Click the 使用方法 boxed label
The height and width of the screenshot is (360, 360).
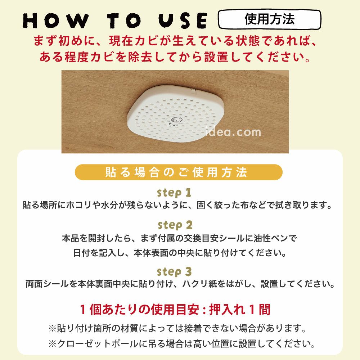tap(269, 19)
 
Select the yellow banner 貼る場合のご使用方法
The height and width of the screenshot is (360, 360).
tap(179, 172)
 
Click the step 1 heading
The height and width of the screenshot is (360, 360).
tap(174, 192)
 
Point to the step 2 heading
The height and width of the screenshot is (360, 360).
tap(175, 225)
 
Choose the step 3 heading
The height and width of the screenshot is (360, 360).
tap(174, 271)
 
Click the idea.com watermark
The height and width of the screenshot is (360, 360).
tap(233, 132)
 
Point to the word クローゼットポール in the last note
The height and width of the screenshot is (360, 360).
tap(96, 344)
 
